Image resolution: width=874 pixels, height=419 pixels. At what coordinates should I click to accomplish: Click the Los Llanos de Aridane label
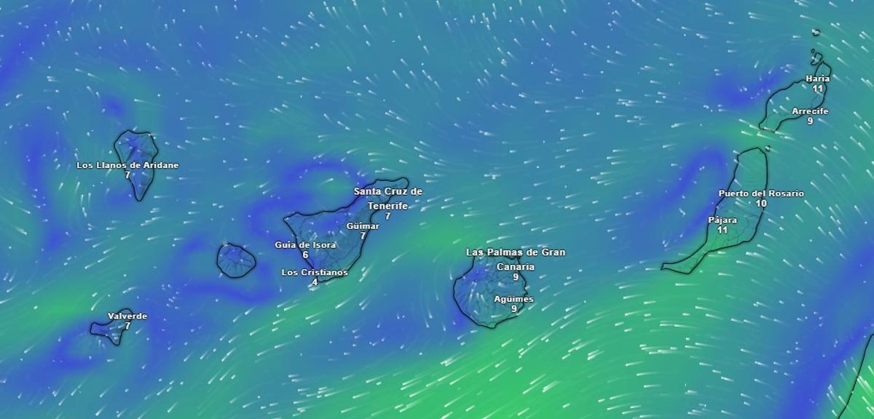point(127,165)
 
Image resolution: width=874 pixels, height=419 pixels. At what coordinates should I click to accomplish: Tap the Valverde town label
point(127,316)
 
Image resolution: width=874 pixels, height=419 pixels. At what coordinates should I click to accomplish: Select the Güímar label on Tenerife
point(363,226)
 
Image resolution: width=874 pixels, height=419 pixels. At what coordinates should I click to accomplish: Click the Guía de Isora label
point(305,245)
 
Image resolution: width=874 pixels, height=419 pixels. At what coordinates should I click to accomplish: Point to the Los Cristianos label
point(315,273)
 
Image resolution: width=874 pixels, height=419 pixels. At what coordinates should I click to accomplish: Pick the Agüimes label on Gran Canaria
point(513,299)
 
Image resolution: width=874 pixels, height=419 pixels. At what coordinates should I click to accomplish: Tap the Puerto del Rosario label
point(761,193)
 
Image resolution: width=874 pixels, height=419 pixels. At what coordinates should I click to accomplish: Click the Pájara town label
point(723,220)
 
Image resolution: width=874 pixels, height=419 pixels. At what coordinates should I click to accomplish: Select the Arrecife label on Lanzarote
point(810,111)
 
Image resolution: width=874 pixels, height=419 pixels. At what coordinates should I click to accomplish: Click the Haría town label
point(818,79)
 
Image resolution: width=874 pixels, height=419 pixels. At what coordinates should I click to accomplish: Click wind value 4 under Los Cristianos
point(315,282)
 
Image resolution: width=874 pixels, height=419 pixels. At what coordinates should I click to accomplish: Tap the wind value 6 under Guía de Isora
point(305,255)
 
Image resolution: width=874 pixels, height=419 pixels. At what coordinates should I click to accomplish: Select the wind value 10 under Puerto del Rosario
point(761,204)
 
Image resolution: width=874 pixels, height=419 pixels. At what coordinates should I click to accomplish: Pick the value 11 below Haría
point(818,89)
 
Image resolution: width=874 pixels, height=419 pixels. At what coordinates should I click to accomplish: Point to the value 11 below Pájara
point(723,230)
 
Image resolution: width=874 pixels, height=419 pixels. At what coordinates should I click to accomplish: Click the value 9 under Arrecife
point(810,121)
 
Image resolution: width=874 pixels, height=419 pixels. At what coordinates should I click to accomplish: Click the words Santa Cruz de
point(387,191)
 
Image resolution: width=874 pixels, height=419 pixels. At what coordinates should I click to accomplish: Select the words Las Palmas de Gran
point(516,252)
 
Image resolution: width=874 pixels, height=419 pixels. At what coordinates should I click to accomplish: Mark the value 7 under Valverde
point(127,326)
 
